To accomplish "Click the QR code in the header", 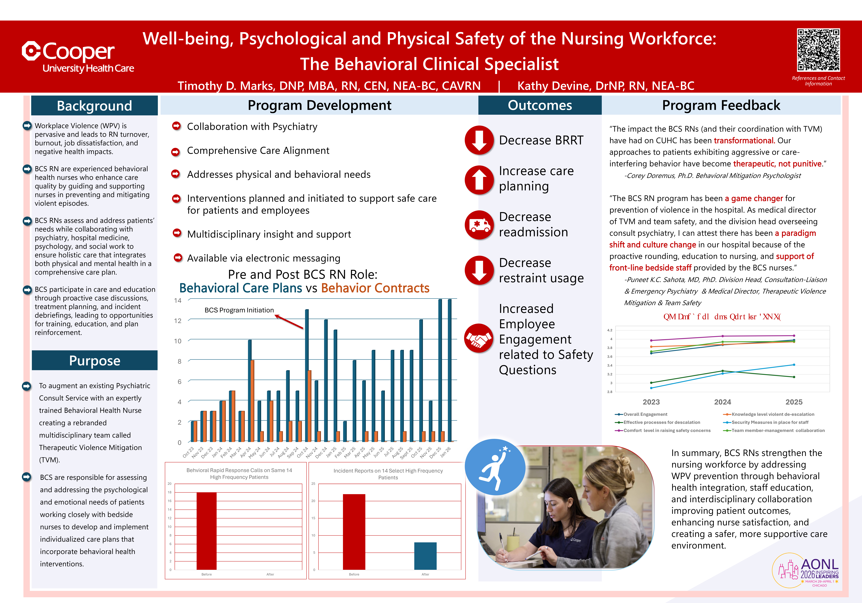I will click(x=818, y=50).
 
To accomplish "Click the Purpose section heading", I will click(x=95, y=361).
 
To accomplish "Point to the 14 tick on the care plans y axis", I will click(x=178, y=301).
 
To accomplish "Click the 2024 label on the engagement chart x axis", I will click(x=722, y=402).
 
